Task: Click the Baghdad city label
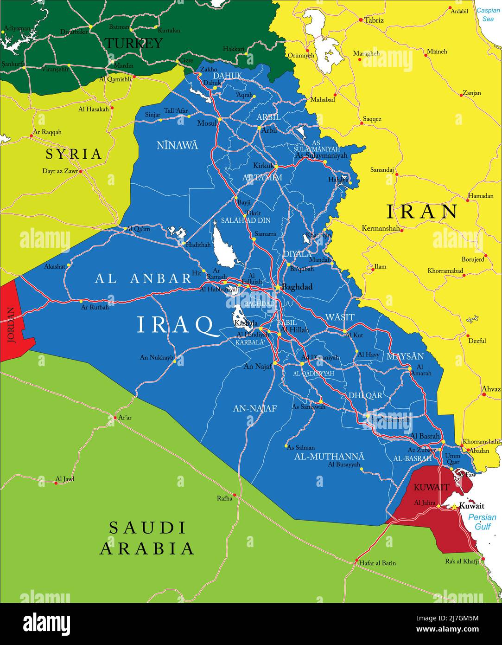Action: click(x=297, y=287)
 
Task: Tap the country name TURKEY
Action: click(x=133, y=43)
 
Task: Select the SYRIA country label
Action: click(x=74, y=154)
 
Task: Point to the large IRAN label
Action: click(x=422, y=212)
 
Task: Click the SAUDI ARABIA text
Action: click(x=147, y=538)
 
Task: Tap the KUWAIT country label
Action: click(x=431, y=487)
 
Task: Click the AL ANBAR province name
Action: click(x=143, y=278)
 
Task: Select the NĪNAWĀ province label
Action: click(x=177, y=145)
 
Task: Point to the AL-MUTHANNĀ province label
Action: click(x=329, y=456)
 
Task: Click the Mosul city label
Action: click(x=207, y=123)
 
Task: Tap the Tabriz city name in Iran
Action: click(x=374, y=20)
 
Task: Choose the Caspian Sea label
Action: click(x=488, y=14)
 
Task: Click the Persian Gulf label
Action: click(x=482, y=522)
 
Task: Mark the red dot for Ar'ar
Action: click(x=115, y=418)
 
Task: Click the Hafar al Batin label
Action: click(x=377, y=563)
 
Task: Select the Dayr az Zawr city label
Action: click(x=60, y=171)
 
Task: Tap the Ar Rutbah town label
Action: click(x=95, y=307)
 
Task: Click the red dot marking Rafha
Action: click(x=235, y=495)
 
